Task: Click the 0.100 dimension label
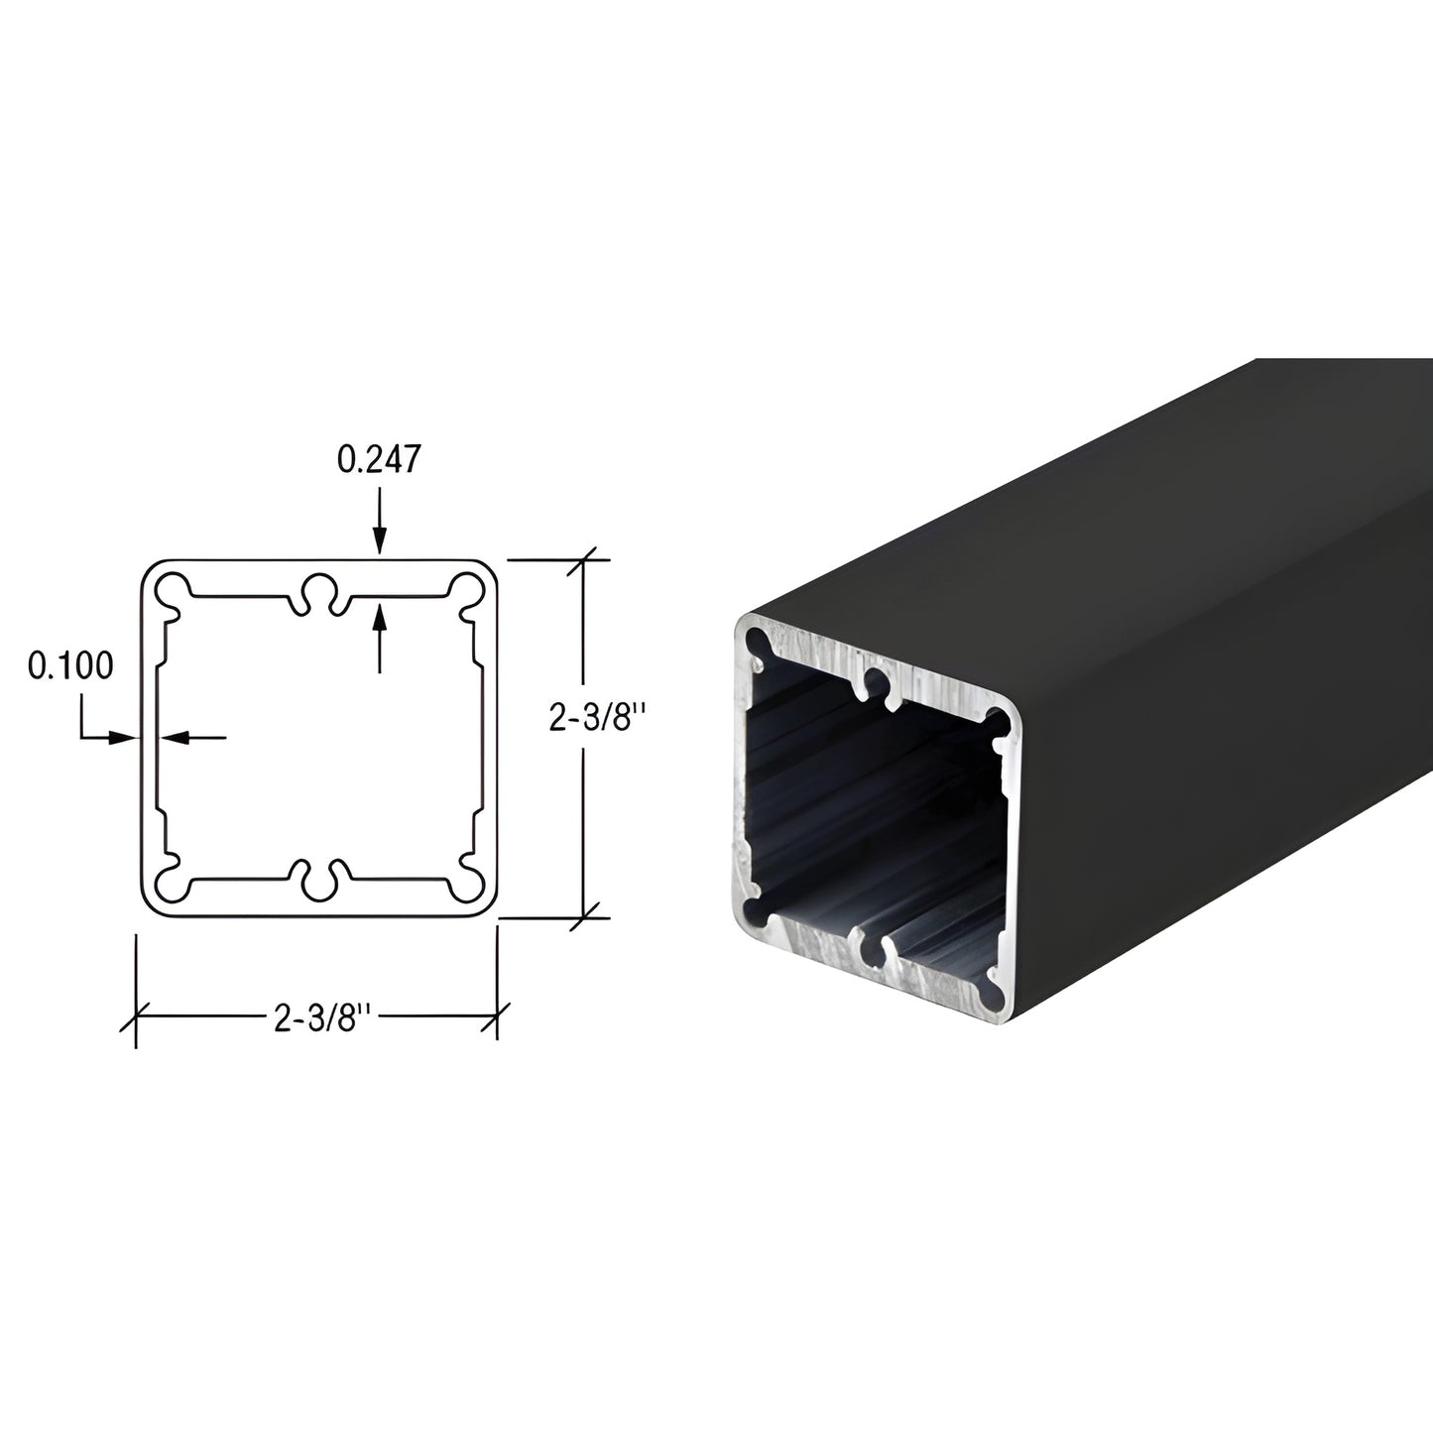pos(70,665)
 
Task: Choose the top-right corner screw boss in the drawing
pos(465,589)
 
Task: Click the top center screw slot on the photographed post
pos(876,681)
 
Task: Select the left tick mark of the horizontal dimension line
pos(135,1017)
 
